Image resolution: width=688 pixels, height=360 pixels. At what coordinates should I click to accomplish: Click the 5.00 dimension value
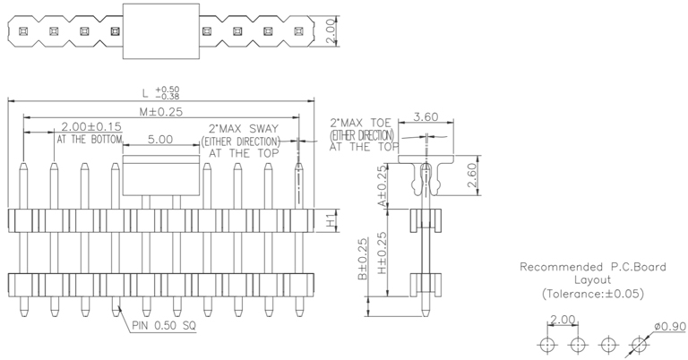(160, 140)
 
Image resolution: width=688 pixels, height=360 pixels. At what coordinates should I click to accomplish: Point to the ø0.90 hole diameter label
(665, 326)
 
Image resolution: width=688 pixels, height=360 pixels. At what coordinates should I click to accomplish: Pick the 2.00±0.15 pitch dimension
(90, 128)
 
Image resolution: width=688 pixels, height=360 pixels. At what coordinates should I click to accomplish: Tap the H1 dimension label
(331, 219)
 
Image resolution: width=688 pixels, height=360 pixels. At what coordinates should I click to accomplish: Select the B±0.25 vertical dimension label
(362, 261)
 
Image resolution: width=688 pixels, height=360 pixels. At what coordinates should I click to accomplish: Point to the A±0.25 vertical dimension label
(383, 185)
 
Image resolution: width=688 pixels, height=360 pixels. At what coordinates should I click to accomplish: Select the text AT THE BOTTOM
(90, 141)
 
